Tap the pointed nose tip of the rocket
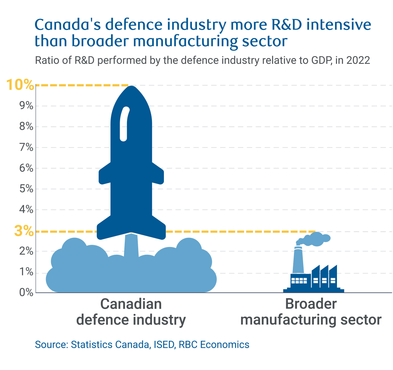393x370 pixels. (x=132, y=87)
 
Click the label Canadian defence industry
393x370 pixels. (x=131, y=312)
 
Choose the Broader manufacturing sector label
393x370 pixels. (x=311, y=312)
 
